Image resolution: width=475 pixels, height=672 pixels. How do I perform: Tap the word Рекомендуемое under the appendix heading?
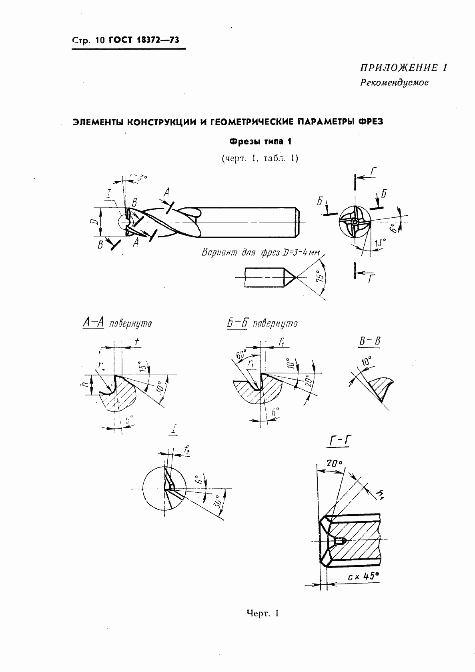[x=394, y=83]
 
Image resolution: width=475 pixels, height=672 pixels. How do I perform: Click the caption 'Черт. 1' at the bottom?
[x=262, y=613]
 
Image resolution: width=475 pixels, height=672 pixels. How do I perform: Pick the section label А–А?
[x=93, y=323]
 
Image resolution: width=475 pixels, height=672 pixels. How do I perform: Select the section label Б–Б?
[x=236, y=323]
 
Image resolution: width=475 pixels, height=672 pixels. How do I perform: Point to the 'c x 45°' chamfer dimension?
[x=363, y=576]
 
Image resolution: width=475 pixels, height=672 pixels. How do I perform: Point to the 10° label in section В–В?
[x=366, y=362]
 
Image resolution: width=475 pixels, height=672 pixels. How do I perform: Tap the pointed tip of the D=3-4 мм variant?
[x=295, y=277]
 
